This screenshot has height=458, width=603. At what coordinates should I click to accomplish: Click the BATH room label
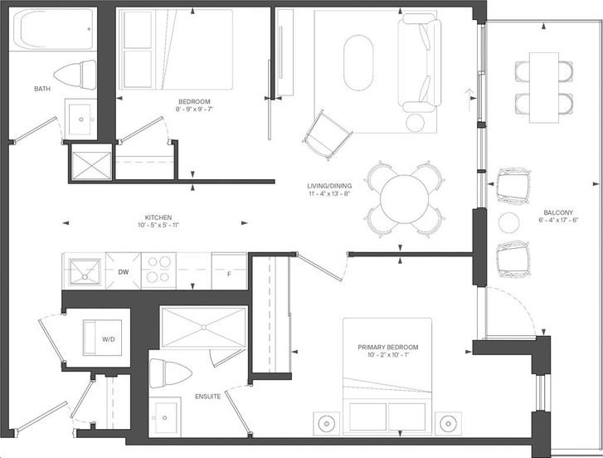pos(42,89)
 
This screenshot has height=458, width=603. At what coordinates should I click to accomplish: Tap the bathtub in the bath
pos(52,29)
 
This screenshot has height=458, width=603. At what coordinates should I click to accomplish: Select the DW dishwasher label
pos(123,272)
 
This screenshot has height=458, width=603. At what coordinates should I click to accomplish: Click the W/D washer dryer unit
pos(102,338)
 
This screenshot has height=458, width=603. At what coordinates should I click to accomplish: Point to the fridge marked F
pos(229,271)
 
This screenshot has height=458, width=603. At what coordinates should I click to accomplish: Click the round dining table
pos(404,199)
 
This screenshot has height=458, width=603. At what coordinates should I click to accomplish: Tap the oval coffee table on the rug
pos(358,63)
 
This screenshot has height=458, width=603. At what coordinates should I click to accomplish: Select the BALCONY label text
pos(558,212)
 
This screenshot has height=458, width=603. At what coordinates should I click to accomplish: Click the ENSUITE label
pos(207,397)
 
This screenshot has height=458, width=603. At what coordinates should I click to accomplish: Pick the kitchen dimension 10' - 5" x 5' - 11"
pos(158,225)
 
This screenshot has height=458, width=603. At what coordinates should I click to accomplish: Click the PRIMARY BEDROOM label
pos(388,348)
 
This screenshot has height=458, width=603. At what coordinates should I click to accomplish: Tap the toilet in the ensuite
pos(170,373)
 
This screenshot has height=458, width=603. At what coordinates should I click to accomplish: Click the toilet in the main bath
pos(75,75)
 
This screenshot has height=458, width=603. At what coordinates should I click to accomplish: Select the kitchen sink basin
pos(85,272)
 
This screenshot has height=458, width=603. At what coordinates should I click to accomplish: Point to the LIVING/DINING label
pos(329,186)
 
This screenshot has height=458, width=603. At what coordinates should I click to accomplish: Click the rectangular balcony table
pos(544,88)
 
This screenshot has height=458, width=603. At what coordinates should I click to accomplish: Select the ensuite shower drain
pos(203,327)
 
